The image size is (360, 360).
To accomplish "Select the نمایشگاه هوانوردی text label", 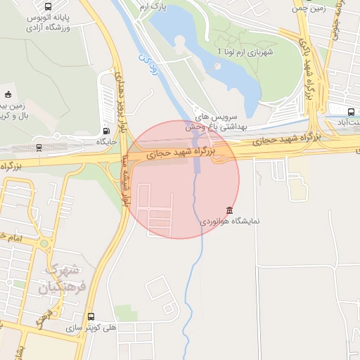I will click(231, 221).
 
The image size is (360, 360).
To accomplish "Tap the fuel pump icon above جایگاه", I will click(106, 131).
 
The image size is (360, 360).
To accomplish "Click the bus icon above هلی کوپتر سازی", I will click(91, 316).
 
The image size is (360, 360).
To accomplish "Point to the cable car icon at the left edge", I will click(8, 96).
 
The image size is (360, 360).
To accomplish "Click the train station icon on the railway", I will click(39, 147).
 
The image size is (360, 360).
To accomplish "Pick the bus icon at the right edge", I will click(351, 112).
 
